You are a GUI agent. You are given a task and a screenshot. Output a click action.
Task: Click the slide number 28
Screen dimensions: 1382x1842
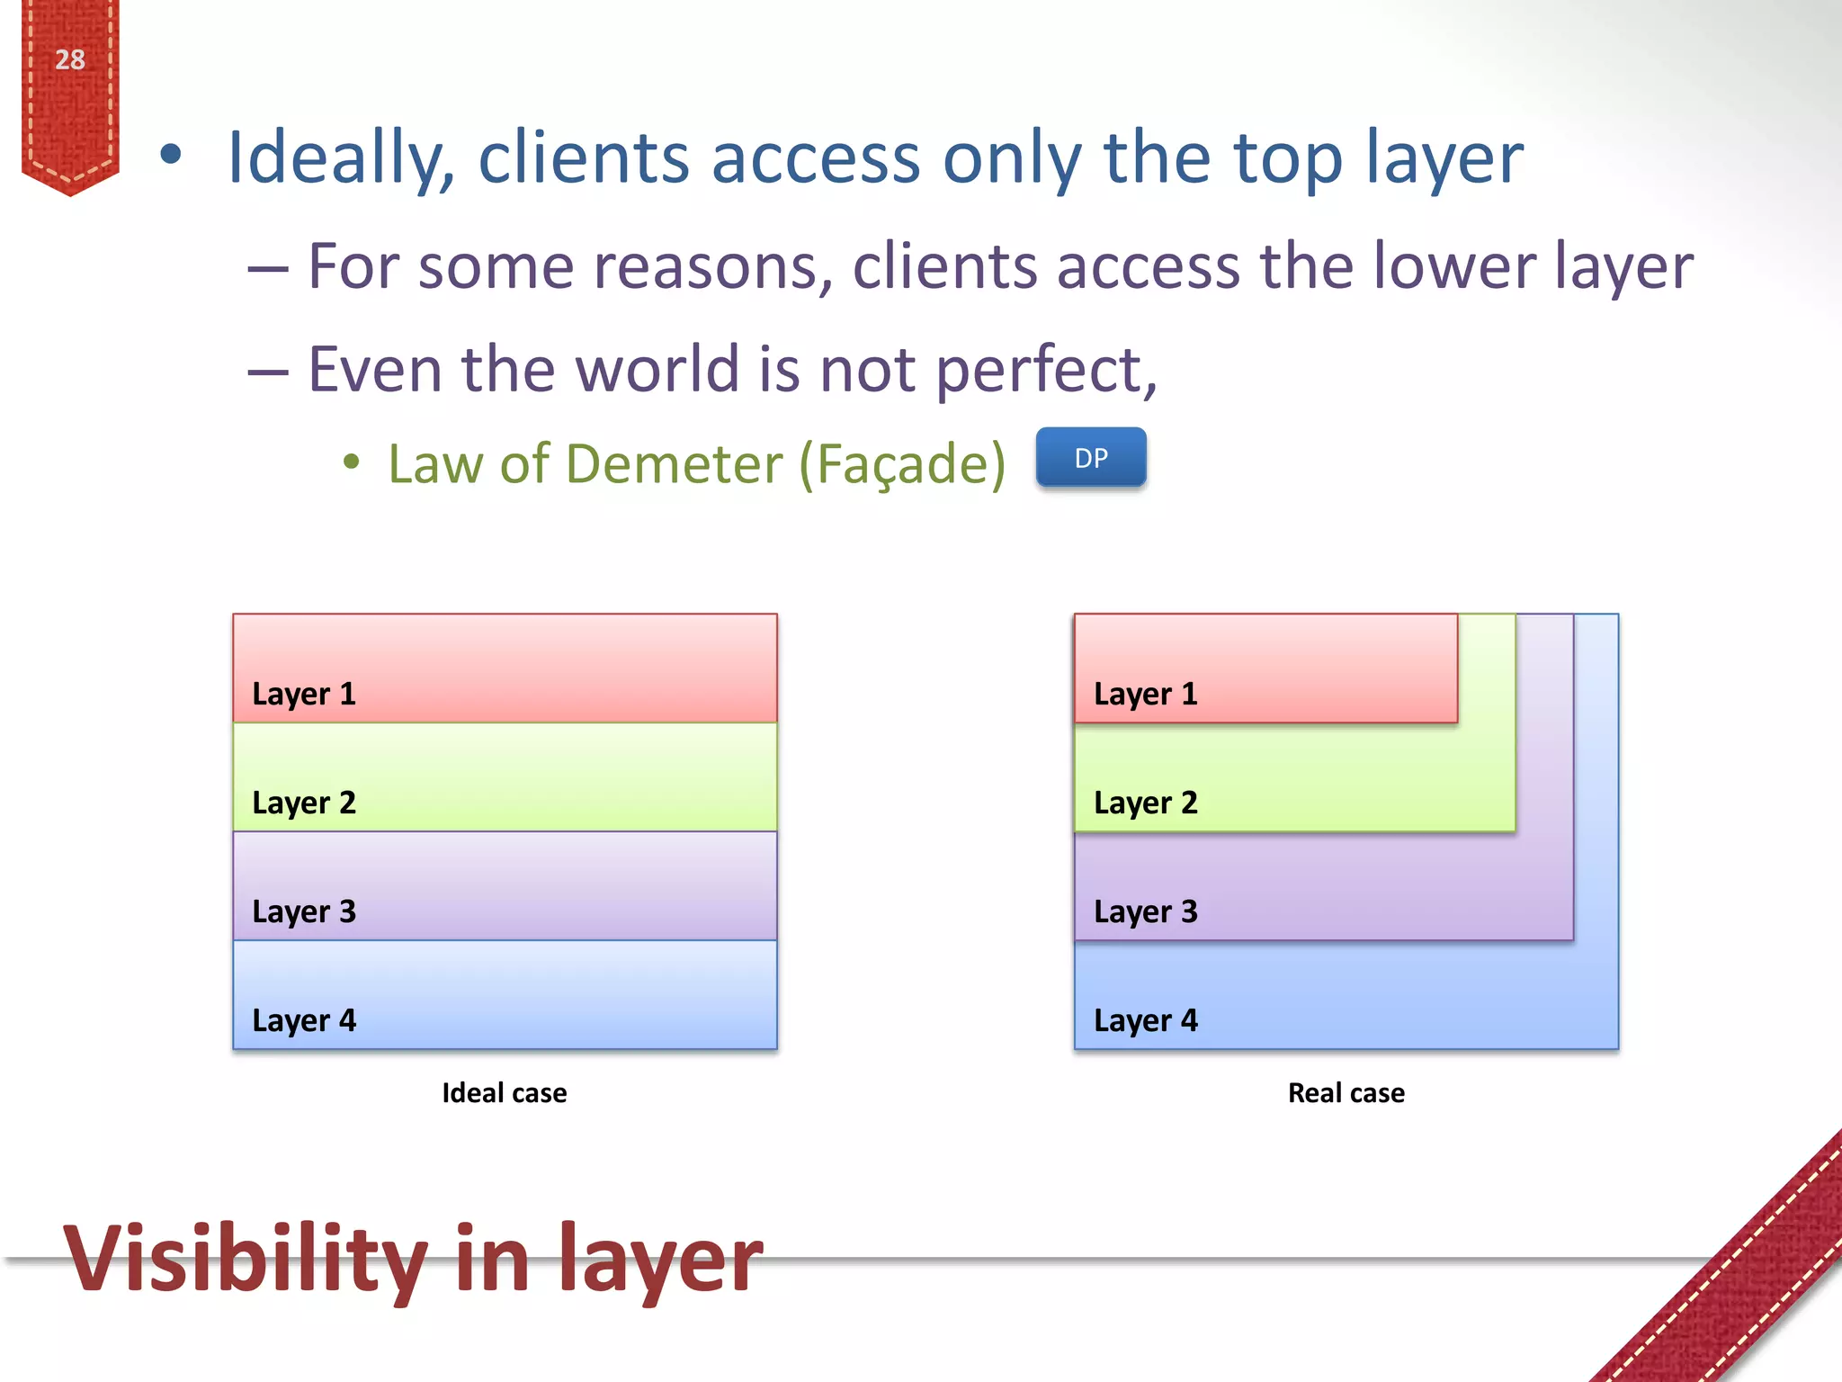pos(69,59)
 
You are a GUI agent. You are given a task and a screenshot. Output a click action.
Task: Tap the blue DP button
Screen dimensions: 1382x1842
pos(1090,458)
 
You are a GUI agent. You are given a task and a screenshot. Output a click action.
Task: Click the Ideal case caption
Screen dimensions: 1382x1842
pos(504,1092)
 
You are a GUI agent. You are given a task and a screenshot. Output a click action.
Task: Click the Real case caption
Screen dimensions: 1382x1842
pos(1346,1092)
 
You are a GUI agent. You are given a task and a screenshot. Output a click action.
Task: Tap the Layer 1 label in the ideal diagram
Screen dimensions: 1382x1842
pos(304,694)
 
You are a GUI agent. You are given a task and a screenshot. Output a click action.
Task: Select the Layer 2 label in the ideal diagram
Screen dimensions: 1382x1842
pos(304,803)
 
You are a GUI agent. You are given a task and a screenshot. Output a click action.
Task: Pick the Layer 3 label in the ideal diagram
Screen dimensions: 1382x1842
pos(304,911)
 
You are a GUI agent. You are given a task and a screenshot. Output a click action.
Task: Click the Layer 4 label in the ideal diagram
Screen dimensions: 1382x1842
pos(304,1020)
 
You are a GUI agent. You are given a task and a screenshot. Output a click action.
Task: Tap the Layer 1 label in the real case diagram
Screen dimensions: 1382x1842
pos(1145,694)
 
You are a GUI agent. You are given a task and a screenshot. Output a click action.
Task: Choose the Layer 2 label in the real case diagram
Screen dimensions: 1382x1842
pos(1145,803)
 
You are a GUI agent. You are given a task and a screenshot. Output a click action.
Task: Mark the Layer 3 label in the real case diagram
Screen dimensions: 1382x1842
pos(1145,911)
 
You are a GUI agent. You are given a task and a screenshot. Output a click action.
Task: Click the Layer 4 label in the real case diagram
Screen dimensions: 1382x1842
pos(1145,1020)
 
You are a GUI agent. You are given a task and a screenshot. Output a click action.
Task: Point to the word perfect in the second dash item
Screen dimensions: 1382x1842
pos(1043,371)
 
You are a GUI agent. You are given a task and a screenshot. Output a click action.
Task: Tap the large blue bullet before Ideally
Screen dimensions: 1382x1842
pos(170,155)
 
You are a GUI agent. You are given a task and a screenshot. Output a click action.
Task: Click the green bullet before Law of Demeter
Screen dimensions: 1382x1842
pos(352,462)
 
